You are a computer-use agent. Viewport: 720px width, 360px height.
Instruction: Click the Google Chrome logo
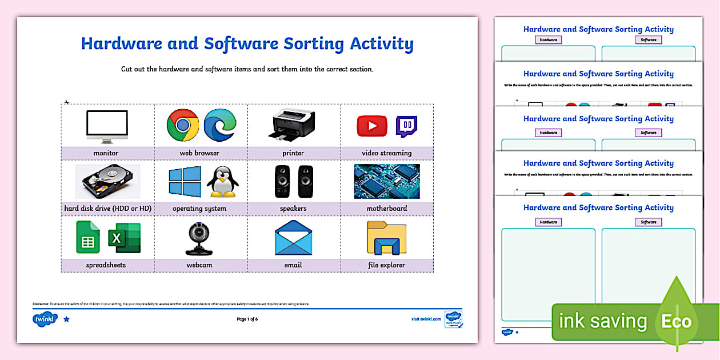click(183, 125)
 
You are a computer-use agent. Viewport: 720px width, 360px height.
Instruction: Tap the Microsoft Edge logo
click(220, 125)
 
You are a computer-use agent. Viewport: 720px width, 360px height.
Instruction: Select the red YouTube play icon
click(372, 126)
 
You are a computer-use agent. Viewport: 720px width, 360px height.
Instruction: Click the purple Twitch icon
click(407, 126)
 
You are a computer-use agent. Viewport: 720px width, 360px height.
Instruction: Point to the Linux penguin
click(222, 182)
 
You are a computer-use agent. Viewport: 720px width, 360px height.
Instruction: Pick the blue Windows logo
click(185, 182)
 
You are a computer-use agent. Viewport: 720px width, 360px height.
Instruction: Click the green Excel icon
click(124, 238)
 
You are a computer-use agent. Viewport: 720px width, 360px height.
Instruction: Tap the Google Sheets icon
click(88, 237)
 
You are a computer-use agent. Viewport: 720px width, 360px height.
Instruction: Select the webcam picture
click(199, 238)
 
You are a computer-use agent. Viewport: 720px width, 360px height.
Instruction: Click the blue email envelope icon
click(293, 238)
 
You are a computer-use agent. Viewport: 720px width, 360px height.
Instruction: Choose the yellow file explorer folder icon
click(387, 238)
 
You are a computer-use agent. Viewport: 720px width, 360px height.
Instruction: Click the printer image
click(293, 125)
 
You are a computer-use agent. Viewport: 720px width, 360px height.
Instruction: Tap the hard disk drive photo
click(107, 182)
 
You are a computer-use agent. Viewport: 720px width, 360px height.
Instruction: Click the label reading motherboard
click(387, 209)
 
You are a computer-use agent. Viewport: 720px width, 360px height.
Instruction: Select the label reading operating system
click(199, 209)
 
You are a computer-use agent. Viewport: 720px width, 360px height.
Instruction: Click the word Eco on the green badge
click(676, 321)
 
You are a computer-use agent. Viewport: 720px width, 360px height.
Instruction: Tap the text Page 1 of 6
click(247, 319)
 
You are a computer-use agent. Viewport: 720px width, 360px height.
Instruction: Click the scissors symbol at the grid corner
click(66, 102)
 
